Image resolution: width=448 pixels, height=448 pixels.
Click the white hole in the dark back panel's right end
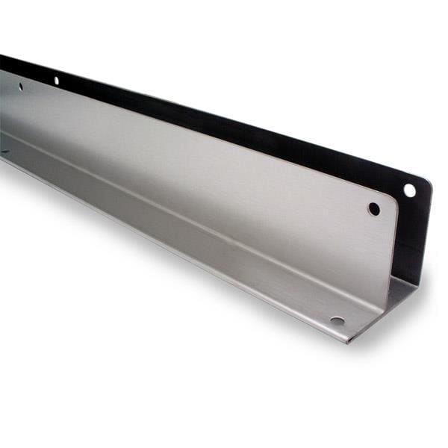(x=409, y=190)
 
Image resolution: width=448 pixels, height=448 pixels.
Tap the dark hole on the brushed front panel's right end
(x=374, y=209)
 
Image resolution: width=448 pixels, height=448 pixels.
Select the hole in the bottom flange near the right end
(x=337, y=321)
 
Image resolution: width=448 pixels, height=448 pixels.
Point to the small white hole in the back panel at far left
(x=55, y=80)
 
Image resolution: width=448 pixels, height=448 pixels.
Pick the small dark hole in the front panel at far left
(x=20, y=87)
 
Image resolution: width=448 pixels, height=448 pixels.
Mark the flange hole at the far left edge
(x=4, y=152)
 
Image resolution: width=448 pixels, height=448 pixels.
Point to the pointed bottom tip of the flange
(x=347, y=342)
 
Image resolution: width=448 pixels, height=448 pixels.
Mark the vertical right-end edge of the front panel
(x=393, y=246)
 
